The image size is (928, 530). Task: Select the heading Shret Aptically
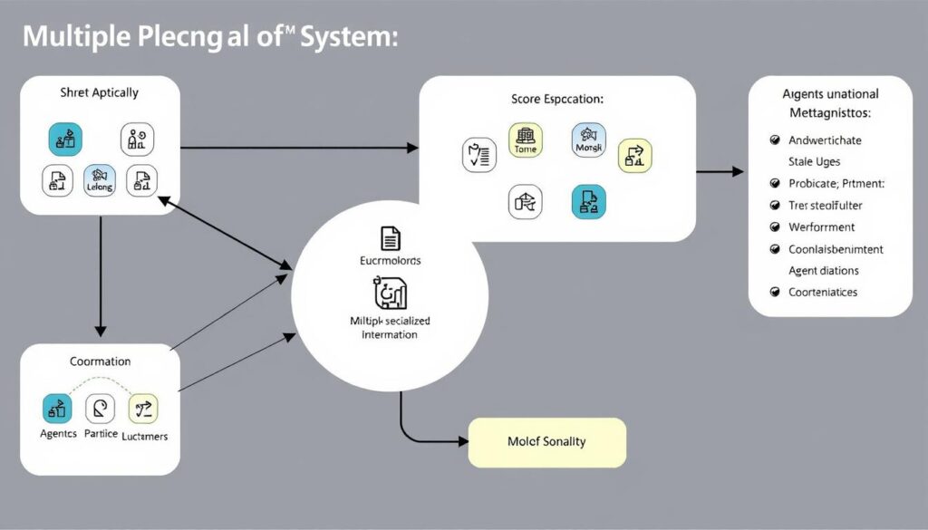click(x=100, y=92)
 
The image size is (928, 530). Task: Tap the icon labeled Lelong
click(x=100, y=180)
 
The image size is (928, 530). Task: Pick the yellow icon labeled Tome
click(x=526, y=140)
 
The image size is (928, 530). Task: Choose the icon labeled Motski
click(x=588, y=140)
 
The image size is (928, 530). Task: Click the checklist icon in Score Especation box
click(x=478, y=155)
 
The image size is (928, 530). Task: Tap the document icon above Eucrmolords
click(x=391, y=238)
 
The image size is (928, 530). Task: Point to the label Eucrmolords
click(x=391, y=260)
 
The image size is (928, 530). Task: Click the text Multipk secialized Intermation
click(x=391, y=328)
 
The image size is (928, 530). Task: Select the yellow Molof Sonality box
click(x=546, y=442)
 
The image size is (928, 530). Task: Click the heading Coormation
click(x=101, y=361)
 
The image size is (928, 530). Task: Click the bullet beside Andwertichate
click(x=775, y=140)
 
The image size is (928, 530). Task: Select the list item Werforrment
click(x=821, y=227)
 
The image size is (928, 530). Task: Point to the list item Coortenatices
click(x=823, y=292)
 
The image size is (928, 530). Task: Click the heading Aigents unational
click(x=830, y=93)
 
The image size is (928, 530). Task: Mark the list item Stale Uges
click(x=814, y=162)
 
